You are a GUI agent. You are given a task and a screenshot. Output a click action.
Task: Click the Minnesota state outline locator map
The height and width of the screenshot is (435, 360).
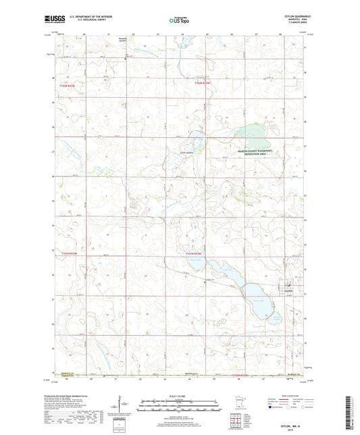coord(245,407)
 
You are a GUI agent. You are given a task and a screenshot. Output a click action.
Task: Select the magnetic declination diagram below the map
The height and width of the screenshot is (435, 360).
coord(119,409)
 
